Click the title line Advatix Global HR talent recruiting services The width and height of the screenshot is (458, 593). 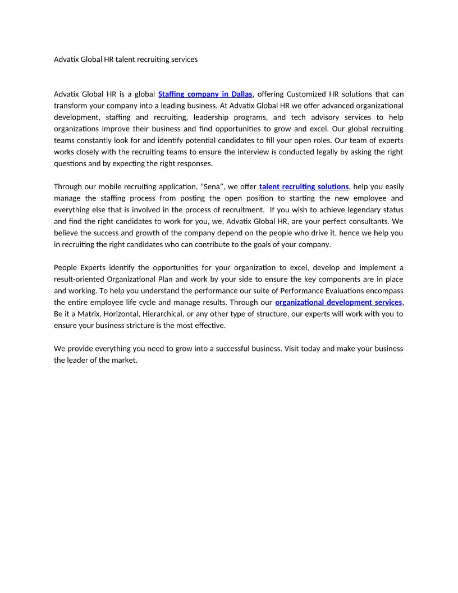[126, 59]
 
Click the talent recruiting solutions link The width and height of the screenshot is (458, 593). [304, 186]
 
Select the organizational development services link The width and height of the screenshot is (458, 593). [338, 302]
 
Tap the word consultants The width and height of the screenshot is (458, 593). [369, 221]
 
